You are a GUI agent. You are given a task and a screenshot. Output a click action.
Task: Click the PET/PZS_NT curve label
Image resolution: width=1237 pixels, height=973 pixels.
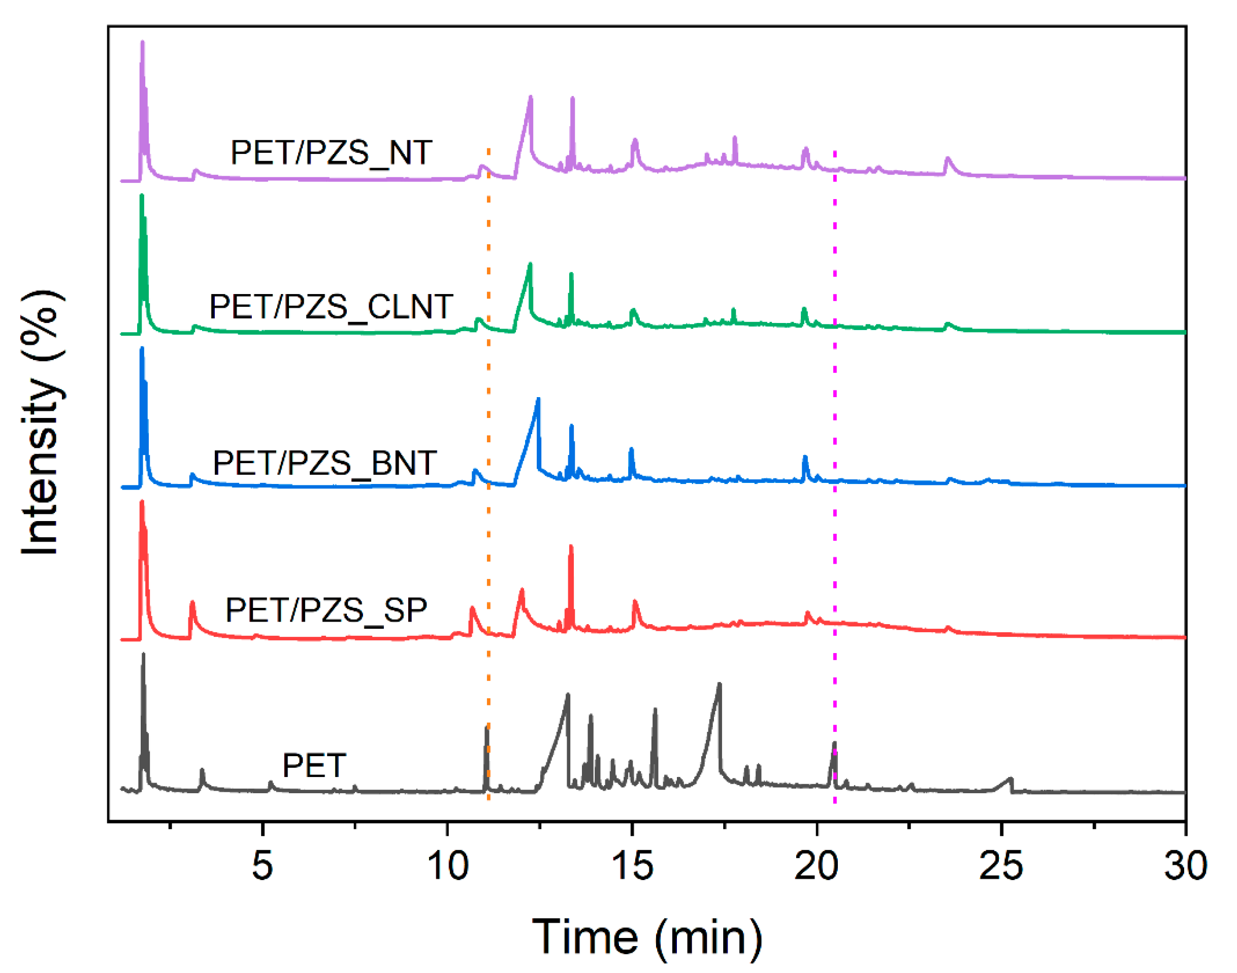pyautogui.click(x=331, y=153)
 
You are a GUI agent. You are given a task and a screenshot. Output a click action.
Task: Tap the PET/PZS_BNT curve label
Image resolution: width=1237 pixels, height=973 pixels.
pyautogui.click(x=324, y=463)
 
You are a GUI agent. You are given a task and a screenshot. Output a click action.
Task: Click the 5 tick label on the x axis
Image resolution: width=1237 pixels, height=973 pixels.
pyautogui.click(x=263, y=866)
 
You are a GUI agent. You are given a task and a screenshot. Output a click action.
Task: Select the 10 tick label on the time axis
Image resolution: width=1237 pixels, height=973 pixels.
pyautogui.click(x=448, y=866)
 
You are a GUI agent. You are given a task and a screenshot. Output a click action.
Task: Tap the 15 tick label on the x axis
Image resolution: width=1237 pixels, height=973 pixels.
pyautogui.click(x=632, y=866)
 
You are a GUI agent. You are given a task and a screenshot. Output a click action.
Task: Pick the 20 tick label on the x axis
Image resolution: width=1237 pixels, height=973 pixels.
pyautogui.click(x=817, y=866)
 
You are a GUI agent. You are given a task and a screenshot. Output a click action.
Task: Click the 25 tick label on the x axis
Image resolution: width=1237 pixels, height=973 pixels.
pyautogui.click(x=1001, y=866)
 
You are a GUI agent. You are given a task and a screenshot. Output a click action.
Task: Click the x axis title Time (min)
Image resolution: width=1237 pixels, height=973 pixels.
pyautogui.click(x=646, y=937)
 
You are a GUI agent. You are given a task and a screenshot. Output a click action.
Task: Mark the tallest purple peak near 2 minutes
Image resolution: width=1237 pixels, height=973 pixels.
pyautogui.click(x=142, y=43)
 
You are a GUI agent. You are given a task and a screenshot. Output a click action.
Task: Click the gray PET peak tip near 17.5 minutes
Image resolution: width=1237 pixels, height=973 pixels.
pyautogui.click(x=720, y=684)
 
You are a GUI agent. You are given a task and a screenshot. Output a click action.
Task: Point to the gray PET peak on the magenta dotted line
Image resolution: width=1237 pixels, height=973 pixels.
pyautogui.click(x=834, y=743)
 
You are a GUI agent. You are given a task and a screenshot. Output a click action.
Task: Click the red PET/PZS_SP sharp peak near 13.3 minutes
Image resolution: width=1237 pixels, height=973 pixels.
pyautogui.click(x=571, y=547)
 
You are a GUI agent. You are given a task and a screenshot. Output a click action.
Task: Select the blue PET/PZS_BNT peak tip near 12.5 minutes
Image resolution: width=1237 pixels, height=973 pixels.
pyautogui.click(x=538, y=399)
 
